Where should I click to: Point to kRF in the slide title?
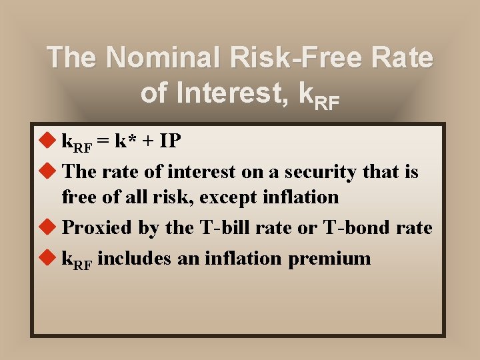(x=319, y=95)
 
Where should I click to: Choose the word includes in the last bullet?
(x=136, y=258)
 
